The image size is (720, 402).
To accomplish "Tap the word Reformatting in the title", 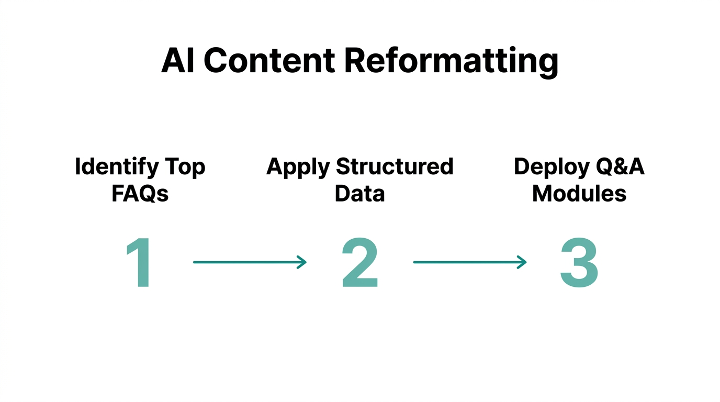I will pos(451,62).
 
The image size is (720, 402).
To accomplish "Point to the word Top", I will pos(185,167).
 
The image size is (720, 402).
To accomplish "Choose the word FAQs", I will pos(140,194).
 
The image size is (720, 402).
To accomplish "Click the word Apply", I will pos(298,167).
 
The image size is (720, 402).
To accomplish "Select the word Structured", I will pos(395,166).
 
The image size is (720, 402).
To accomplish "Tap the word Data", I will pos(359,194).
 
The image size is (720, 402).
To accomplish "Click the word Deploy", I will pos(551,167).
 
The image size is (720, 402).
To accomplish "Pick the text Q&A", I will pos(620,167).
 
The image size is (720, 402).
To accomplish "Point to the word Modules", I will pos(579,194).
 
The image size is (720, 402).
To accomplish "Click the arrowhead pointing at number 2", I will pos(302,262).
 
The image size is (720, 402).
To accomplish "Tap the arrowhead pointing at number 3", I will pos(522,262).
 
